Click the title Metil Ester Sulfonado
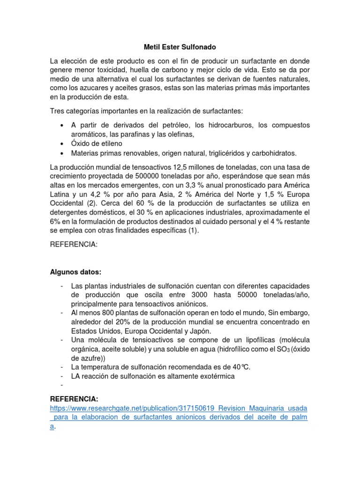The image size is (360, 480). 180,47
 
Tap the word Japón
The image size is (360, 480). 187,331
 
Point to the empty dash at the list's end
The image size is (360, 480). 61,385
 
